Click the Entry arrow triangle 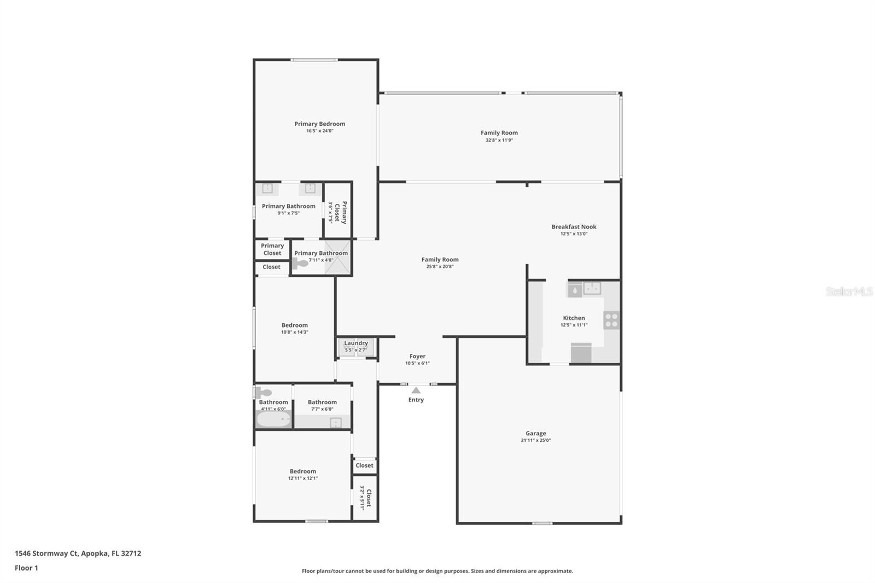(x=416, y=390)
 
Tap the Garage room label (x=536, y=433)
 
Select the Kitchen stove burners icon (x=611, y=320)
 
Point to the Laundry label (x=356, y=343)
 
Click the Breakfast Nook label (x=574, y=226)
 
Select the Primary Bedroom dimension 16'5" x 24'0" (x=319, y=131)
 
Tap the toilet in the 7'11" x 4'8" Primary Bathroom (x=300, y=263)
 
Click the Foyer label (x=417, y=356)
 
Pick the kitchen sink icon (x=592, y=288)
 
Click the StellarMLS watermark (x=849, y=292)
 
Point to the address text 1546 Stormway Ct (x=47, y=553)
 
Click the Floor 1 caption (x=26, y=568)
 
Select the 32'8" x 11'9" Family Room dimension (x=499, y=140)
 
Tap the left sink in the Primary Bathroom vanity (x=267, y=189)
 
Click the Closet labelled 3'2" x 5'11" (x=365, y=498)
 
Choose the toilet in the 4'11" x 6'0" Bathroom (x=264, y=392)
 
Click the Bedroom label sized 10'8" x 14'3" (x=295, y=325)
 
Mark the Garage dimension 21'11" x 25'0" (x=536, y=440)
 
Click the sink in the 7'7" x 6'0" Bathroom (x=336, y=422)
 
